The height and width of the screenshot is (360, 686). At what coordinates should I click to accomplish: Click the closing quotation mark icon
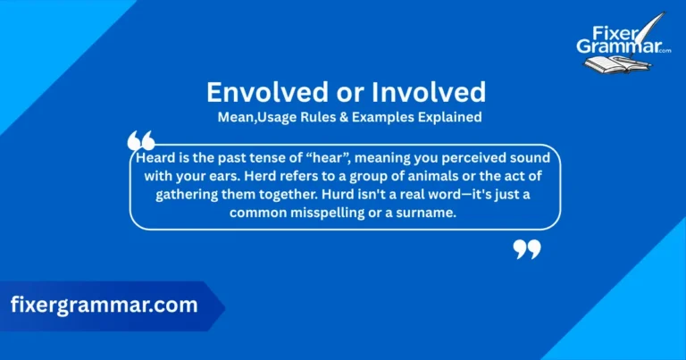(x=527, y=249)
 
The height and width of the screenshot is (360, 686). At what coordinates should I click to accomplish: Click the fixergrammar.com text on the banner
(x=105, y=305)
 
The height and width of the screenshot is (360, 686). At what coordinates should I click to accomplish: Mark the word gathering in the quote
(x=190, y=195)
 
